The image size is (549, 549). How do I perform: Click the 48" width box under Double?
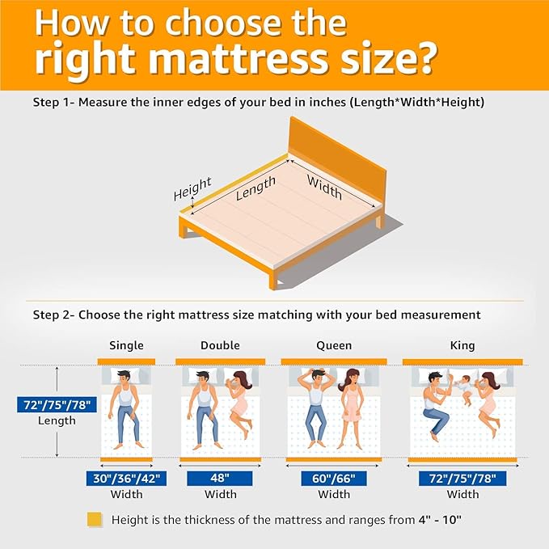coord(220,479)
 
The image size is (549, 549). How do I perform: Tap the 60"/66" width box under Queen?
coord(334,479)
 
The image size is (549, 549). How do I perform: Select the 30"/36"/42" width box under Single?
coord(126,479)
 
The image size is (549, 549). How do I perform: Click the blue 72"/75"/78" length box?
coord(57,405)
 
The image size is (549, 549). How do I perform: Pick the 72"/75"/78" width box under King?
coord(462,479)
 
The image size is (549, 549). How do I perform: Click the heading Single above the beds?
coord(126,345)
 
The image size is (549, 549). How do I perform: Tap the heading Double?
coord(220,345)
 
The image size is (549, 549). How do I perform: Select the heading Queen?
coord(334,345)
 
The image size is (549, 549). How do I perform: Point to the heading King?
coord(462,345)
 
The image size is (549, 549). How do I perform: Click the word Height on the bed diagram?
coord(192,188)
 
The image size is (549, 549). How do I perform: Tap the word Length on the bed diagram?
coord(255,188)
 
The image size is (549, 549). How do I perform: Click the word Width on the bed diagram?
coord(324,188)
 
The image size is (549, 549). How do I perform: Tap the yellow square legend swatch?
coord(95,520)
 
